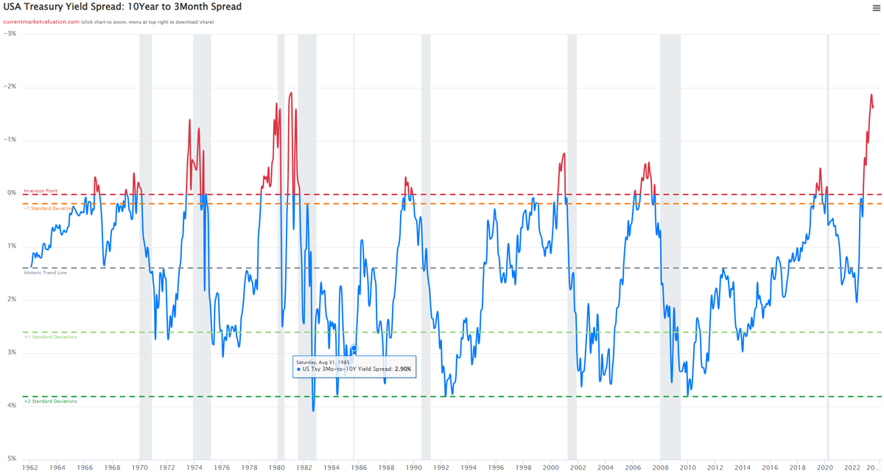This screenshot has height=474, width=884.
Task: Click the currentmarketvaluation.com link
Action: coord(41,22)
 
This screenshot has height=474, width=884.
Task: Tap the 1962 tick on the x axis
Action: coord(30,467)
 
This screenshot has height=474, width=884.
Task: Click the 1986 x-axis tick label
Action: coord(359,467)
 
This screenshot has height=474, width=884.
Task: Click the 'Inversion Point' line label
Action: coord(41,191)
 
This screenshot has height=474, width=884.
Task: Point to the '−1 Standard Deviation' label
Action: coord(49,209)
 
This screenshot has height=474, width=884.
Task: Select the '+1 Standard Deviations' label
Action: coord(50,337)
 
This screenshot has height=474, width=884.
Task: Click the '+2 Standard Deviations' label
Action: coord(50,402)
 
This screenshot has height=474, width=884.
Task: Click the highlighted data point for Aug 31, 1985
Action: coord(354,348)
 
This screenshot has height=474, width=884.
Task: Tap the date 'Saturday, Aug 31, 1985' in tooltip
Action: coord(323,362)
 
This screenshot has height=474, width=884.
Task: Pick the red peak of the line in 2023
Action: coord(871,94)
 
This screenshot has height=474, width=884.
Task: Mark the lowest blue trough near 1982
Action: coord(313,411)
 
